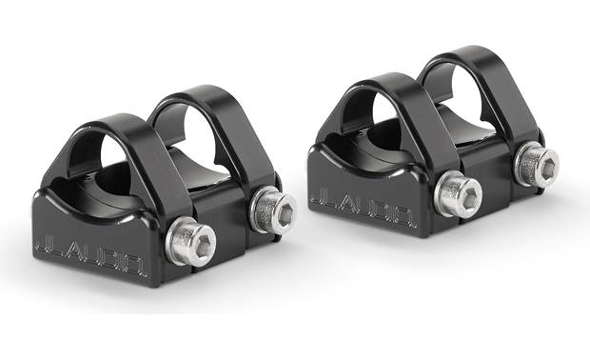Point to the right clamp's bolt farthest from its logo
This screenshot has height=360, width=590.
click(537, 163)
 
